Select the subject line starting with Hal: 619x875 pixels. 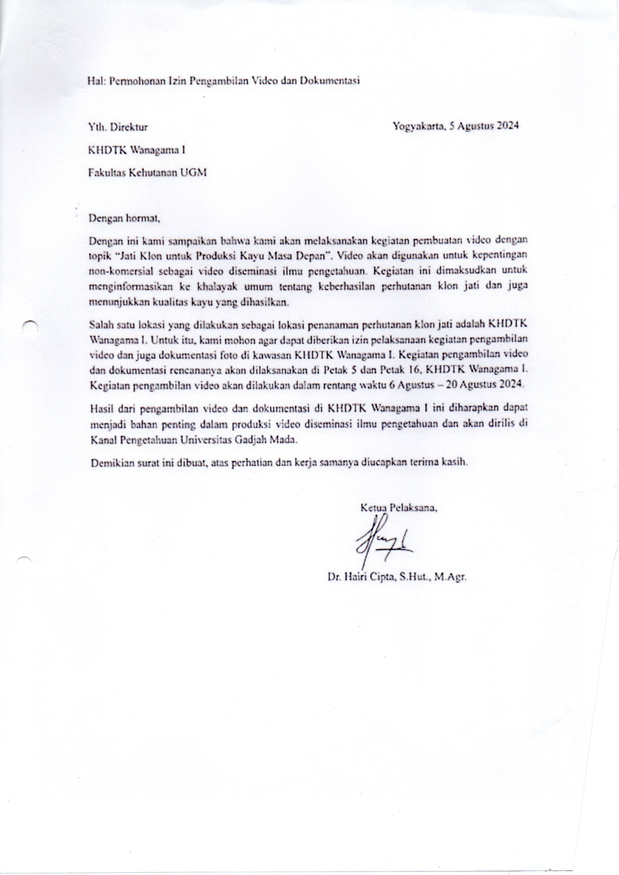pyautogui.click(x=224, y=81)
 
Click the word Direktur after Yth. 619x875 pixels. pyautogui.click(x=129, y=127)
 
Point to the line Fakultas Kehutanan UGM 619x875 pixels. pyautogui.click(x=147, y=173)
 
